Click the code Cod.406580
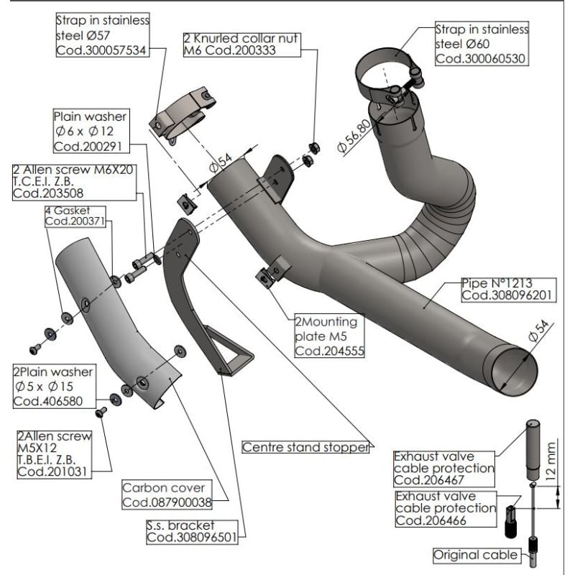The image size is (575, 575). click(44, 401)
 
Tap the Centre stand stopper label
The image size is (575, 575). click(306, 447)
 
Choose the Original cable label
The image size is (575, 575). click(475, 555)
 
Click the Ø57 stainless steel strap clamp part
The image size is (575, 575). click(183, 114)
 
